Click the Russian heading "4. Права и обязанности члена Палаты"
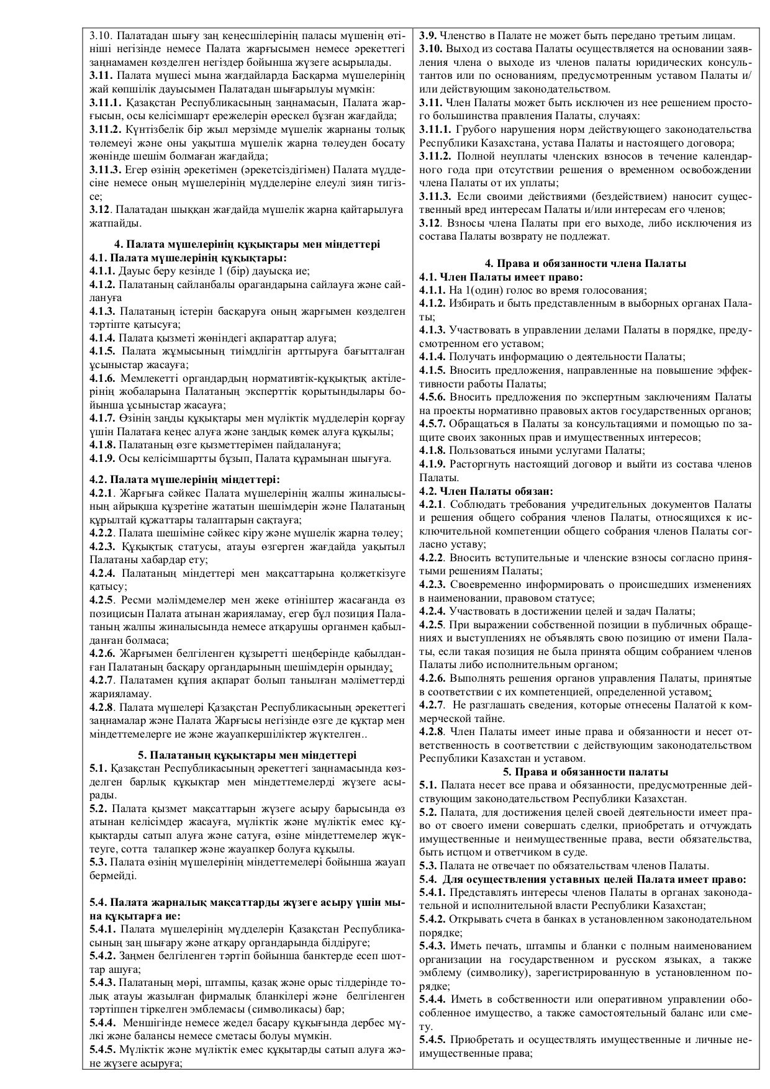(x=586, y=263)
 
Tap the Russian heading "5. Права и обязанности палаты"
(x=586, y=772)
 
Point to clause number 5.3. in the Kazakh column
(x=99, y=862)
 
